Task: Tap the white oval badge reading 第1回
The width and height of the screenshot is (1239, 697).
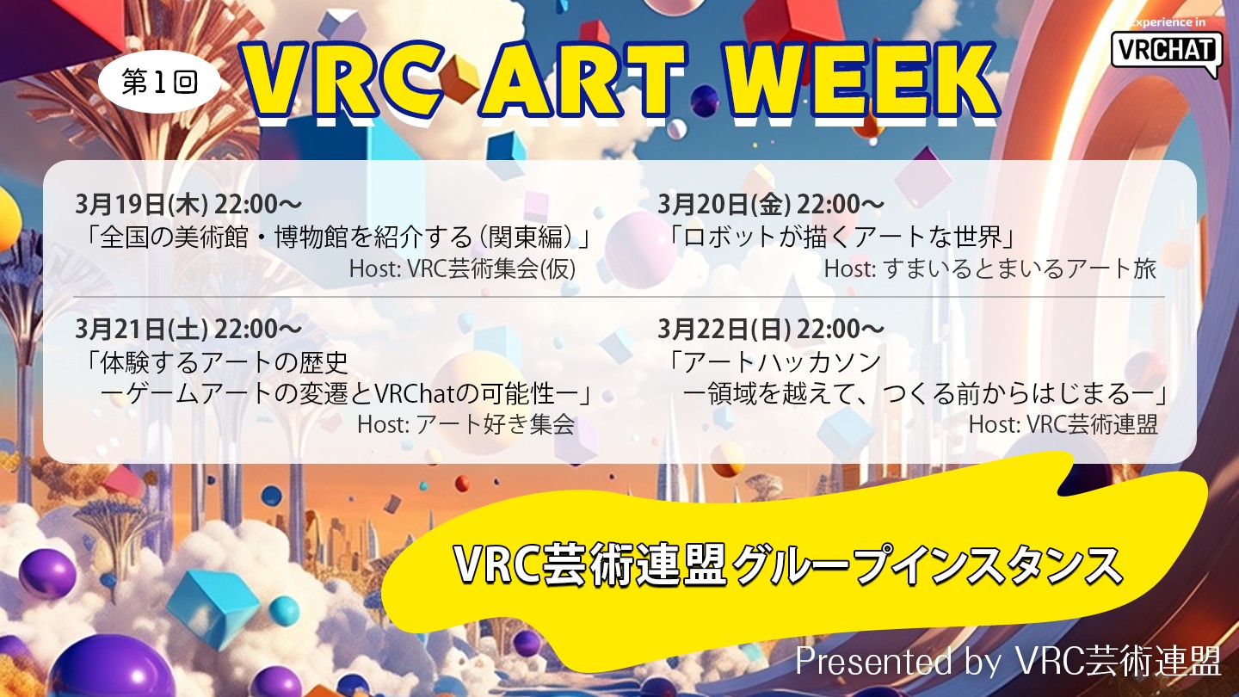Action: [159, 82]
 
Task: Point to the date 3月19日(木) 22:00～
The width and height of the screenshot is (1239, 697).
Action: [188, 205]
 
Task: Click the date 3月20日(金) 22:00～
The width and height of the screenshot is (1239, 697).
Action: [771, 205]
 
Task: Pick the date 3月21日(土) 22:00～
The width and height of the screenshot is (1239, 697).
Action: [188, 330]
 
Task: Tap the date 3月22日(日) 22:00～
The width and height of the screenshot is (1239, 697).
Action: [771, 330]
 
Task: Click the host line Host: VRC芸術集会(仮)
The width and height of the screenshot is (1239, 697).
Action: [462, 268]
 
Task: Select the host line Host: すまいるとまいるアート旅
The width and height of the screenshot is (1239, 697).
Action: [990, 268]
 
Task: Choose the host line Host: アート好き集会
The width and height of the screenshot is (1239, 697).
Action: [466, 425]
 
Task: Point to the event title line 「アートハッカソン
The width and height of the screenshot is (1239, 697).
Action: [773, 362]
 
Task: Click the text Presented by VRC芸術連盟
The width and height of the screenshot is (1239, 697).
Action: [1008, 661]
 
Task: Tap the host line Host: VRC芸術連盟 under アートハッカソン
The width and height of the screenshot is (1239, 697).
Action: [1063, 425]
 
